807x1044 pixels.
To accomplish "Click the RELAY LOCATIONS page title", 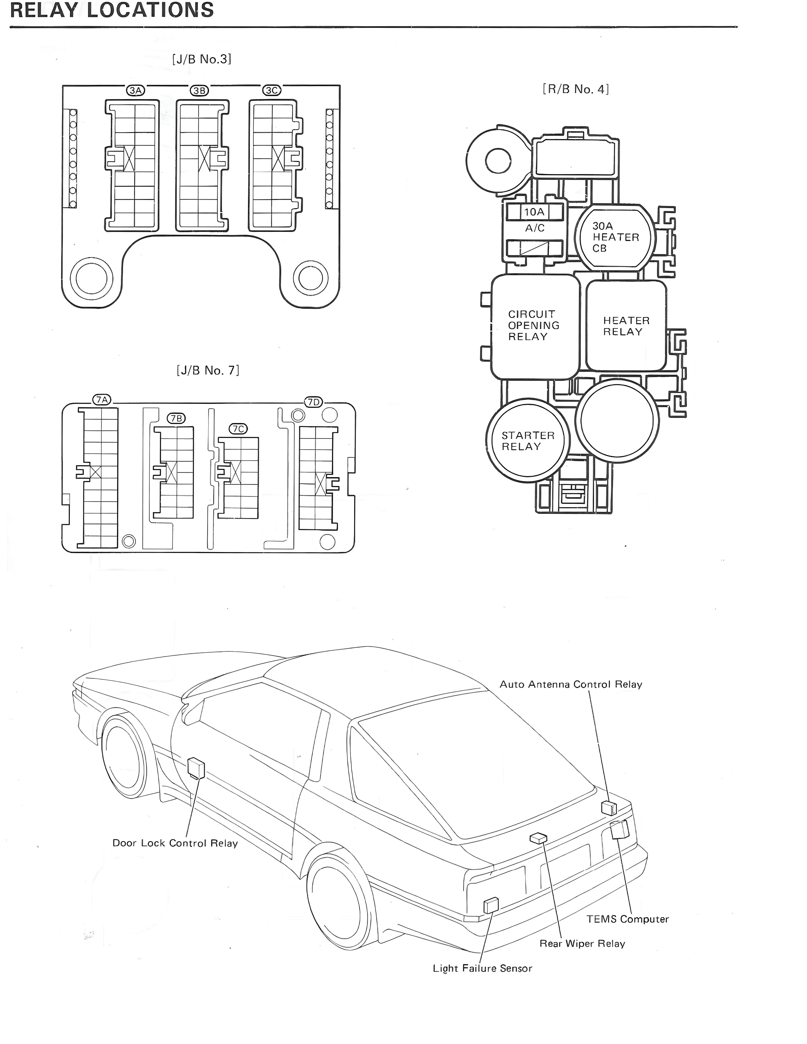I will coord(112,10).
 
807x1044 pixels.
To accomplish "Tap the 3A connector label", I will coord(135,90).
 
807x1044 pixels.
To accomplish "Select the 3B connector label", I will coord(199,90).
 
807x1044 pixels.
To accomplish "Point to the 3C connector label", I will coord(271,90).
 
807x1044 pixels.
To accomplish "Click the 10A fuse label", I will coord(534,212).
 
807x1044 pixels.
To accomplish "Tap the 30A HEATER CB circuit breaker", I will coord(615,237).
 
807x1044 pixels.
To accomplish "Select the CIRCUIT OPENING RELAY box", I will coord(534,326).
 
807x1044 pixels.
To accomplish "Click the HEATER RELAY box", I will coord(626,326).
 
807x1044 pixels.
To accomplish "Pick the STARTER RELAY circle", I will coord(527,441).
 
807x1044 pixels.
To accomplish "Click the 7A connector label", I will coord(101,400).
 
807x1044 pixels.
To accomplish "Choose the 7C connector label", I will coord(238,429).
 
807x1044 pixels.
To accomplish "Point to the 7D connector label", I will coord(313,402).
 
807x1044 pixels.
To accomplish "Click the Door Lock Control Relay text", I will coord(175,843).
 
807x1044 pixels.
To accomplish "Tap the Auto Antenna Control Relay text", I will coord(570,684).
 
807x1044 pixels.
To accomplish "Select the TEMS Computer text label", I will coord(627,919).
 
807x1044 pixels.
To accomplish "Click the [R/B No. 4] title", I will coord(576,90).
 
